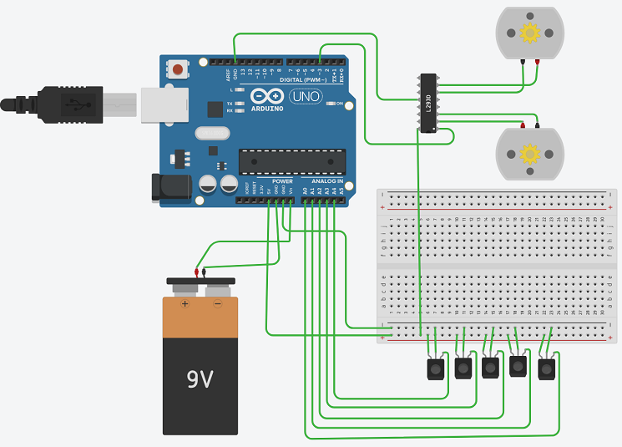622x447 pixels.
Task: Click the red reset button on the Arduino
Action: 178,69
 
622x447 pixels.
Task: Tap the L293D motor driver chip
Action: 427,104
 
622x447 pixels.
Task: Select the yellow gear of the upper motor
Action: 529,33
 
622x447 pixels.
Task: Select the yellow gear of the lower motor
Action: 528,154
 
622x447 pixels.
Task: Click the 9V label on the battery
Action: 200,379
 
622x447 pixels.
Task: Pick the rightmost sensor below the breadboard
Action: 546,369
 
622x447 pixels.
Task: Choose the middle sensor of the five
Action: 490,368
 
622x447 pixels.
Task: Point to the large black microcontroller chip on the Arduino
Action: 291,161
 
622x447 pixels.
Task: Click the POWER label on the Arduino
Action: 282,181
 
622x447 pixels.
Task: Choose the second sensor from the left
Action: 463,368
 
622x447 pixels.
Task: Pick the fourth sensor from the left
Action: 518,366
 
